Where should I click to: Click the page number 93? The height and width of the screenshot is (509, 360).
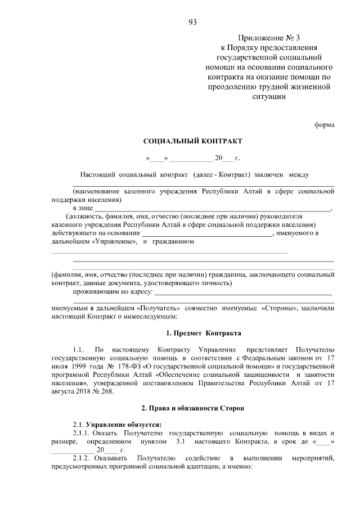pyautogui.click(x=192, y=22)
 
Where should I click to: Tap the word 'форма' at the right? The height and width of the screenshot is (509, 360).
pyautogui.click(x=325, y=125)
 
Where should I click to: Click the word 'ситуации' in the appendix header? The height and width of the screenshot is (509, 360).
pyautogui.click(x=269, y=96)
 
